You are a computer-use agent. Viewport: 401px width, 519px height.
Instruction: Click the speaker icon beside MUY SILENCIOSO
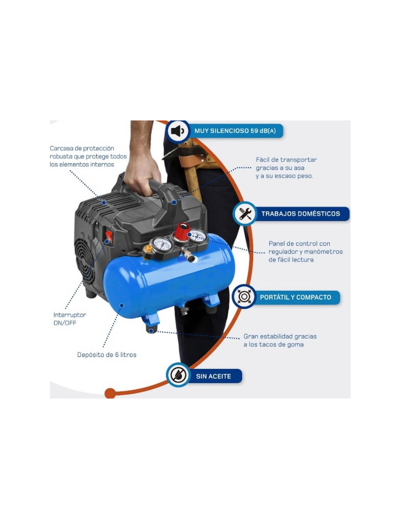tap(178, 131)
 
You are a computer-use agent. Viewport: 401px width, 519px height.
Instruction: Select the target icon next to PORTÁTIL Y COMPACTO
tap(244, 297)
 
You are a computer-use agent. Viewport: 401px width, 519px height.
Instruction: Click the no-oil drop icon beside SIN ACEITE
tap(178, 375)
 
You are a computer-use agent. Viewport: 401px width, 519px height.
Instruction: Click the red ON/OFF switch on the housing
tap(109, 235)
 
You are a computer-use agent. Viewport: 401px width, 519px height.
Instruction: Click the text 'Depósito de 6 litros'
tap(106, 355)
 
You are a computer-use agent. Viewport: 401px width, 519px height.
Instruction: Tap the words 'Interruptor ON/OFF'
tap(69, 319)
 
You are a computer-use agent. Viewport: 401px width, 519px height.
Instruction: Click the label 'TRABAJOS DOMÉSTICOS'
tap(300, 214)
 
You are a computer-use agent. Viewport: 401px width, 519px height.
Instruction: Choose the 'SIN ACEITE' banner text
tap(213, 376)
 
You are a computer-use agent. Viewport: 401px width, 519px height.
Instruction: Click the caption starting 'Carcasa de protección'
tap(88, 156)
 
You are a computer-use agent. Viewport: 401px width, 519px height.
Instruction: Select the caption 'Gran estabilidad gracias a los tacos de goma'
tap(280, 340)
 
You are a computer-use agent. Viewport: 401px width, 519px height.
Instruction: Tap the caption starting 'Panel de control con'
tap(305, 251)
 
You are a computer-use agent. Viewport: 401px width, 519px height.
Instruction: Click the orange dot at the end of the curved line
tap(110, 393)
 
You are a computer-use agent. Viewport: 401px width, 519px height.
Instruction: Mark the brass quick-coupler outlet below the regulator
tap(189, 256)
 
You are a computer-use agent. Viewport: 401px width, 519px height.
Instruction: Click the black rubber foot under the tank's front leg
tap(152, 330)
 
